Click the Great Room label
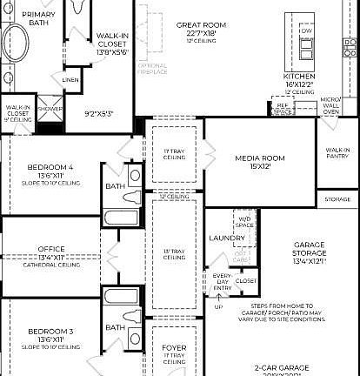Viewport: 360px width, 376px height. click(x=201, y=25)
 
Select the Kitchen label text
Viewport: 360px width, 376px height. click(x=299, y=77)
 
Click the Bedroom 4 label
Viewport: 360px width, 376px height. click(x=50, y=166)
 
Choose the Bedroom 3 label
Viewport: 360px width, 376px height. click(x=50, y=332)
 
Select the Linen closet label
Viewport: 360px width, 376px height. click(x=70, y=80)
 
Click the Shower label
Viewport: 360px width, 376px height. click(x=50, y=109)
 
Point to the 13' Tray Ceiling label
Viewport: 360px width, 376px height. click(x=175, y=253)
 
